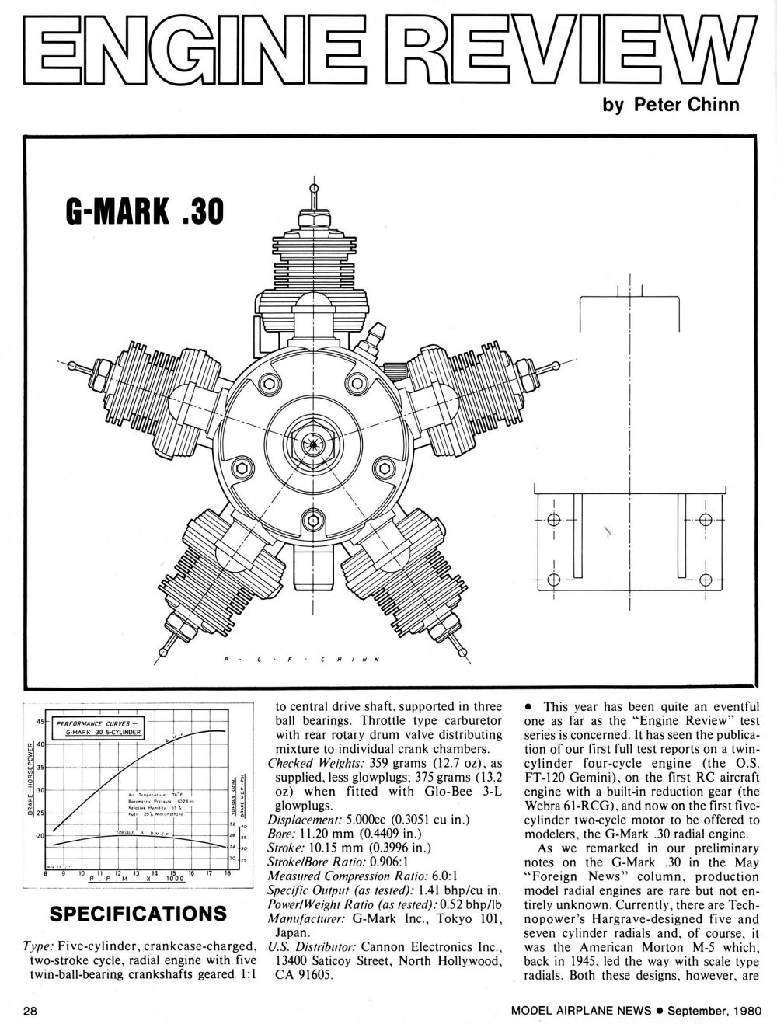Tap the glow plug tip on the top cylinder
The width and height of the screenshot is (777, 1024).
click(314, 187)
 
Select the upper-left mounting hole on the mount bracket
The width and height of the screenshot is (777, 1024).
click(553, 519)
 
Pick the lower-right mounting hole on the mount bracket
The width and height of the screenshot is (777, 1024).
click(706, 579)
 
